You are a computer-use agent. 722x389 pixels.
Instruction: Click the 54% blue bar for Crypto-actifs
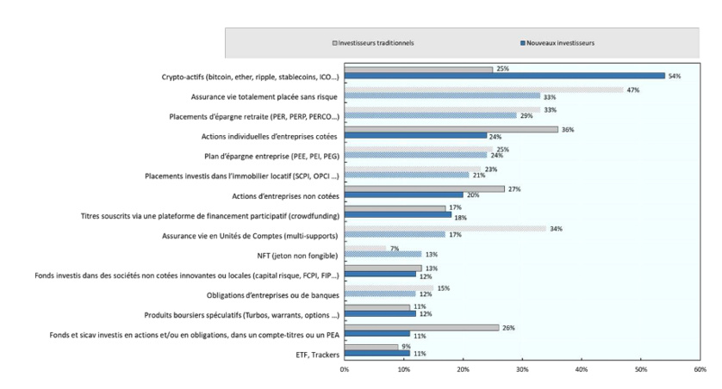pyautogui.click(x=504, y=76)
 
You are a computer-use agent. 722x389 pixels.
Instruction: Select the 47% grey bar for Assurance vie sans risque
pyautogui.click(x=483, y=89)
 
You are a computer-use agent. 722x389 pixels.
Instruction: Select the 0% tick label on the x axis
pyautogui.click(x=345, y=369)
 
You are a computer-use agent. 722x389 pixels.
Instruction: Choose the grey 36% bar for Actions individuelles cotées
pyautogui.click(x=451, y=128)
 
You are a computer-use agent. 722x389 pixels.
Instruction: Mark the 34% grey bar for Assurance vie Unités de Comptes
pyautogui.click(x=445, y=228)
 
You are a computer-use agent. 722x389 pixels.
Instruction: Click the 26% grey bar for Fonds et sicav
pyautogui.click(x=421, y=327)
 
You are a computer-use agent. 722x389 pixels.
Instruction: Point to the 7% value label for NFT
pyautogui.click(x=394, y=248)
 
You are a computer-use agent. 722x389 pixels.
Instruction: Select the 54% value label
pyautogui.click(x=675, y=76)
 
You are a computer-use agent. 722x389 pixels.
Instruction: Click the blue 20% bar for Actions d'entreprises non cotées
pyautogui.click(x=403, y=194)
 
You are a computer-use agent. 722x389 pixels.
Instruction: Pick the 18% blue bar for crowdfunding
pyautogui.click(x=397, y=214)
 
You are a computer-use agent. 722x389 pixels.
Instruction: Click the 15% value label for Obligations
pyautogui.click(x=444, y=287)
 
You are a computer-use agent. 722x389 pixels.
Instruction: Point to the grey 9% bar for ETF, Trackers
pyautogui.click(x=371, y=347)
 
